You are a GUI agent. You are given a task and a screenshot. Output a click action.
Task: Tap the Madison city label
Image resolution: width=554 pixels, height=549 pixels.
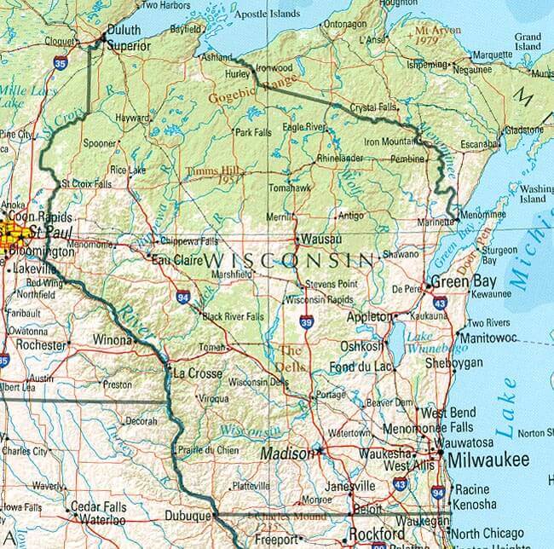(x=286, y=454)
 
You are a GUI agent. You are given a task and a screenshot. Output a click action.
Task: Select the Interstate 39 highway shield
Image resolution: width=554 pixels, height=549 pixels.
(x=306, y=321)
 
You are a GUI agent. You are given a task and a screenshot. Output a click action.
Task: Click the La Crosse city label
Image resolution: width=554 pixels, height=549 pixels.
(x=197, y=373)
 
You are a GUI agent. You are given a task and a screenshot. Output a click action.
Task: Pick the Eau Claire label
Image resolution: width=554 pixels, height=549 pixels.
(x=170, y=259)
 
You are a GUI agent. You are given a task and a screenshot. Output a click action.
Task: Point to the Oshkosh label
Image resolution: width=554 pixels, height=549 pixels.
(x=361, y=346)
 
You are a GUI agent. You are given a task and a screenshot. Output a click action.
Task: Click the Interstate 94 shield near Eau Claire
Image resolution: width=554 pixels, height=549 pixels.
(x=183, y=296)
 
